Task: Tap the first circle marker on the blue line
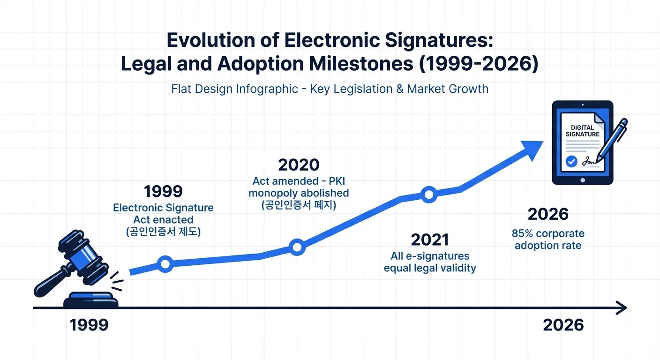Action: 165,264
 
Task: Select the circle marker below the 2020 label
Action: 297,247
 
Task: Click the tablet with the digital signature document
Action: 583,142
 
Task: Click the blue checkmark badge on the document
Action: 571,162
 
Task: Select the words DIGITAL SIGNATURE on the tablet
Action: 583,131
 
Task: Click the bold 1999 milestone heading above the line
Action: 163,192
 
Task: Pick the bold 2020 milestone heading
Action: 299,165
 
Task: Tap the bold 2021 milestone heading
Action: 430,240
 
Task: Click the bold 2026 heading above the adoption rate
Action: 548,215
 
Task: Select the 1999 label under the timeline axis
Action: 89,325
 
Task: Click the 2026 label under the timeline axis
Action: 563,325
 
